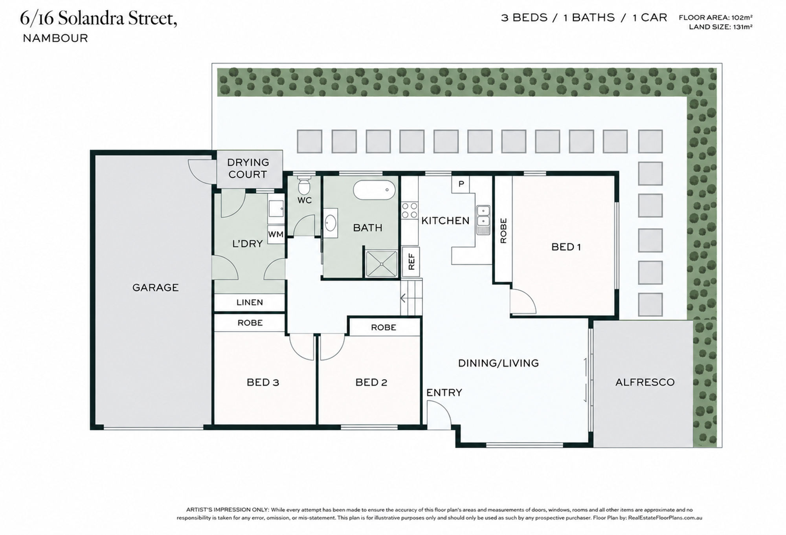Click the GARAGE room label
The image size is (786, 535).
tap(155, 288)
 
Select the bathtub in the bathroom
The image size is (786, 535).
tap(374, 190)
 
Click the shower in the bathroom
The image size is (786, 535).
tap(381, 264)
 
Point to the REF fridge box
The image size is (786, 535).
tap(411, 261)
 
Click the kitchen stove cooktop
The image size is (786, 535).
tap(409, 210)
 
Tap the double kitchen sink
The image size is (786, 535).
tap(483, 220)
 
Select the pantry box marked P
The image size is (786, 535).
tap(461, 184)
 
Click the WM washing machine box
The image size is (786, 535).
tap(275, 235)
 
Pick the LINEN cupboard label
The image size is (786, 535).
tap(250, 302)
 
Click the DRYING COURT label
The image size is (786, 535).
tap(248, 168)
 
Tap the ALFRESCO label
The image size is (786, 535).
tap(645, 382)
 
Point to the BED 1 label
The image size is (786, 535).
tap(566, 247)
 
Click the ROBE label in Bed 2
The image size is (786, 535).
tap(384, 328)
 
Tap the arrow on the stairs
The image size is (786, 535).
tap(403, 299)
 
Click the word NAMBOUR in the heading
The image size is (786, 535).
tap(55, 38)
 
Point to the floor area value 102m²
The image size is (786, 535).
tap(740, 17)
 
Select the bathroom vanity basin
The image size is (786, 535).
tap(330, 224)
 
